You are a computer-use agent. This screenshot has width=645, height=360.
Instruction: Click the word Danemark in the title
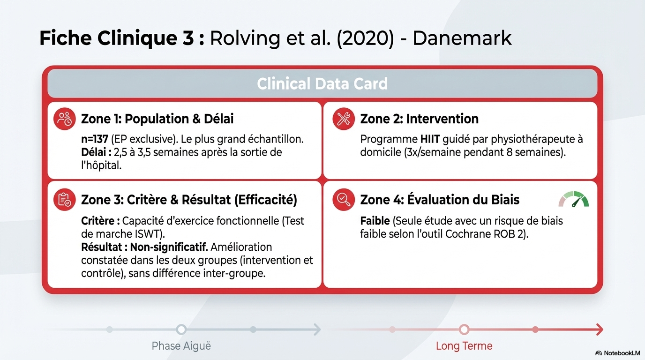(x=462, y=38)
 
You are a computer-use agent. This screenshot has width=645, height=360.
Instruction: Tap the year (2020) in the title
(x=365, y=38)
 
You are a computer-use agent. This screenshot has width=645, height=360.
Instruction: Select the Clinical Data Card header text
(x=322, y=83)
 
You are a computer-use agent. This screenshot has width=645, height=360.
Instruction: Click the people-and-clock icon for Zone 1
(x=65, y=119)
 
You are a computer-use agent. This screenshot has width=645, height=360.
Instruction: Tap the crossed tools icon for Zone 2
(x=344, y=119)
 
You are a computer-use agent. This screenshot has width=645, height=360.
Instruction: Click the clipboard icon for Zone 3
(x=65, y=200)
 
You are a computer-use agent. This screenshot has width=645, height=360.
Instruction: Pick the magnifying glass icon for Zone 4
(x=344, y=200)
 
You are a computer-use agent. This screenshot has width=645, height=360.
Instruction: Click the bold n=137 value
(x=94, y=139)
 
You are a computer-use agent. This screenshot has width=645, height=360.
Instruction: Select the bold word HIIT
(x=430, y=139)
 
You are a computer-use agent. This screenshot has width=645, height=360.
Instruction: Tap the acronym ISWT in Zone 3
(x=147, y=234)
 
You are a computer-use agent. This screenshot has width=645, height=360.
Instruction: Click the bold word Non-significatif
(x=169, y=247)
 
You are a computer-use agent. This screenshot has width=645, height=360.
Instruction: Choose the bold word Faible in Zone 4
(x=375, y=221)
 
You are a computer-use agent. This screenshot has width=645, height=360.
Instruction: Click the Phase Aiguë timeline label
(x=181, y=346)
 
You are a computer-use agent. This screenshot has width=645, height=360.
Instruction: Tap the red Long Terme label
(x=464, y=346)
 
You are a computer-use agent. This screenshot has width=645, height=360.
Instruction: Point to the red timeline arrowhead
(x=600, y=330)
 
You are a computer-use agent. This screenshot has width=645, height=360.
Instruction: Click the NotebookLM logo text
(x=622, y=353)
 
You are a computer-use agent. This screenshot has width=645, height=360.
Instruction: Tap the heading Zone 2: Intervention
(x=419, y=119)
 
